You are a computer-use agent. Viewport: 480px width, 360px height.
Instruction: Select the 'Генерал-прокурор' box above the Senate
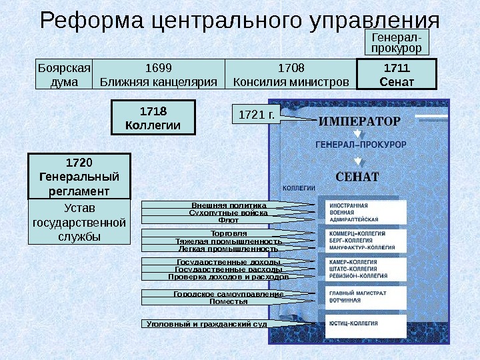point(396,43)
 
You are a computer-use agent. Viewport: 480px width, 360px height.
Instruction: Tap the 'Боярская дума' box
point(64,75)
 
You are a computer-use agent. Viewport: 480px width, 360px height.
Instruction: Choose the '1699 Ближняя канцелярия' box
point(159,75)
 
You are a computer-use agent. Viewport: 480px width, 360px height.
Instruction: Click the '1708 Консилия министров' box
point(291,75)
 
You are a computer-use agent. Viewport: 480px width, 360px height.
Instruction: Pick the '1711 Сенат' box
point(397,75)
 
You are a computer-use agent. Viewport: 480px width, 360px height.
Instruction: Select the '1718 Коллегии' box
point(153,117)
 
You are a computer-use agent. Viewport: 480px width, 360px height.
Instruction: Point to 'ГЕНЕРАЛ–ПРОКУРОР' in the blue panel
point(357,143)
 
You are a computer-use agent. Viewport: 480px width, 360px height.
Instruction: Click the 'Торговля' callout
point(229,233)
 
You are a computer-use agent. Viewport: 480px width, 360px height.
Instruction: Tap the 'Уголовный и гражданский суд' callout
point(207,324)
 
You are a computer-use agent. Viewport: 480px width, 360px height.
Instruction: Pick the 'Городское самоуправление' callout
point(229,294)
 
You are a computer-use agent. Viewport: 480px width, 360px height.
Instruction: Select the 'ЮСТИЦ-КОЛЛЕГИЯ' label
point(353,323)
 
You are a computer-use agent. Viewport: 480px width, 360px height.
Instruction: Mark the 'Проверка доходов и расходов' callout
point(228,276)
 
